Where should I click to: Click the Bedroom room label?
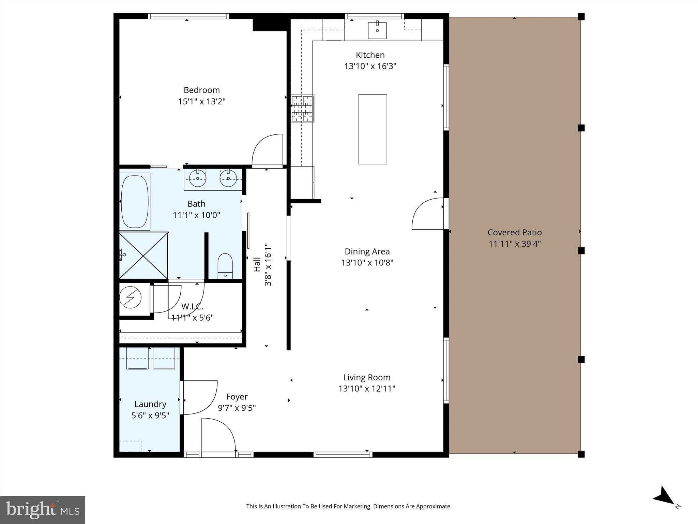[201, 90]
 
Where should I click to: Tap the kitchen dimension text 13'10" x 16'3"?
[370, 66]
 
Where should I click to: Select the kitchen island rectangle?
[373, 129]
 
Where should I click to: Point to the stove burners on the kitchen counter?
[302, 109]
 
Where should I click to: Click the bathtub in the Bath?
[135, 202]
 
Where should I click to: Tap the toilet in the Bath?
[225, 266]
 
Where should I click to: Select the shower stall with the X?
[143, 256]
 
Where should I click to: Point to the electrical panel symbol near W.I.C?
[130, 297]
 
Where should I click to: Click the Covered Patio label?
[514, 232]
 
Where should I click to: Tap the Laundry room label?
[150, 404]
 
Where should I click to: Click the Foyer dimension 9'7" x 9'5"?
[237, 408]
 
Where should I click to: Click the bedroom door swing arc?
[267, 149]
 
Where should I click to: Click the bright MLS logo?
[42, 510]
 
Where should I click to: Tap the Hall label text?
[257, 264]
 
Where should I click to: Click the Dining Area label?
[367, 251]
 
